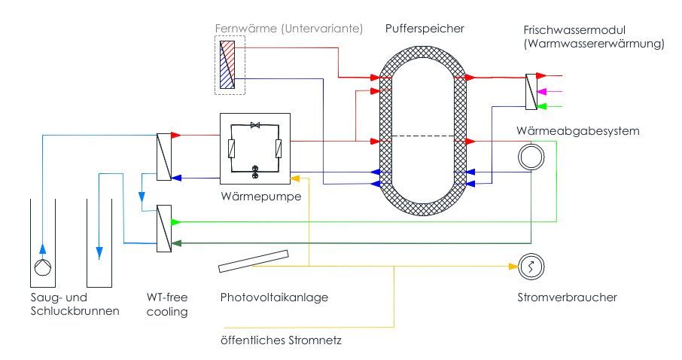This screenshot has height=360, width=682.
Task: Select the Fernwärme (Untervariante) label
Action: [289, 29]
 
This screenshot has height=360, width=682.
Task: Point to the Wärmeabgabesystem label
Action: [578, 131]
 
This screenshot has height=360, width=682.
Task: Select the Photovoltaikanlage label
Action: [274, 297]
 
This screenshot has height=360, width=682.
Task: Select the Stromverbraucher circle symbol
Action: [530, 266]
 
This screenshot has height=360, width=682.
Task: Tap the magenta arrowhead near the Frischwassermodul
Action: [548, 91]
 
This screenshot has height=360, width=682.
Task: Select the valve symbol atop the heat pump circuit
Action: [254, 124]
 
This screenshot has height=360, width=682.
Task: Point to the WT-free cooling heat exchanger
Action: [163, 228]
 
